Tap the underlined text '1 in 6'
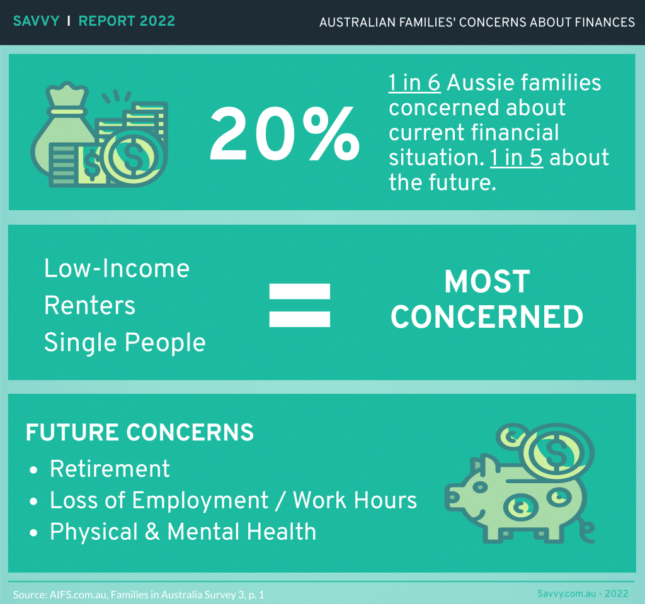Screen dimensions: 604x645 [414, 83]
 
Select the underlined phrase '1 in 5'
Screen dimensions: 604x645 [516, 157]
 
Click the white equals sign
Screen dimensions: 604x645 [299, 305]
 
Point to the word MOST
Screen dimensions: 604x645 [487, 282]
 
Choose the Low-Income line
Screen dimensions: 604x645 [117, 269]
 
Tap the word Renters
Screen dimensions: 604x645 [89, 306]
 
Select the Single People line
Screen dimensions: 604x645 [125, 344]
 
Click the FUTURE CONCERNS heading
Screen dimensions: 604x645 [140, 433]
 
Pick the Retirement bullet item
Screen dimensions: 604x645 [110, 469]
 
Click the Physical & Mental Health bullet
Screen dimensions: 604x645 [183, 532]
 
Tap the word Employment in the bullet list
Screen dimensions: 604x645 [200, 501]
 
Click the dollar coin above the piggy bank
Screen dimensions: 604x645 [555, 452]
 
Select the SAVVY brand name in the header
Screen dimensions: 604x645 [36, 21]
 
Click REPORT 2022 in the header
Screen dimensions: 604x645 [127, 21]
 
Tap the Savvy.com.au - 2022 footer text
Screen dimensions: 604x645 [582, 593]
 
